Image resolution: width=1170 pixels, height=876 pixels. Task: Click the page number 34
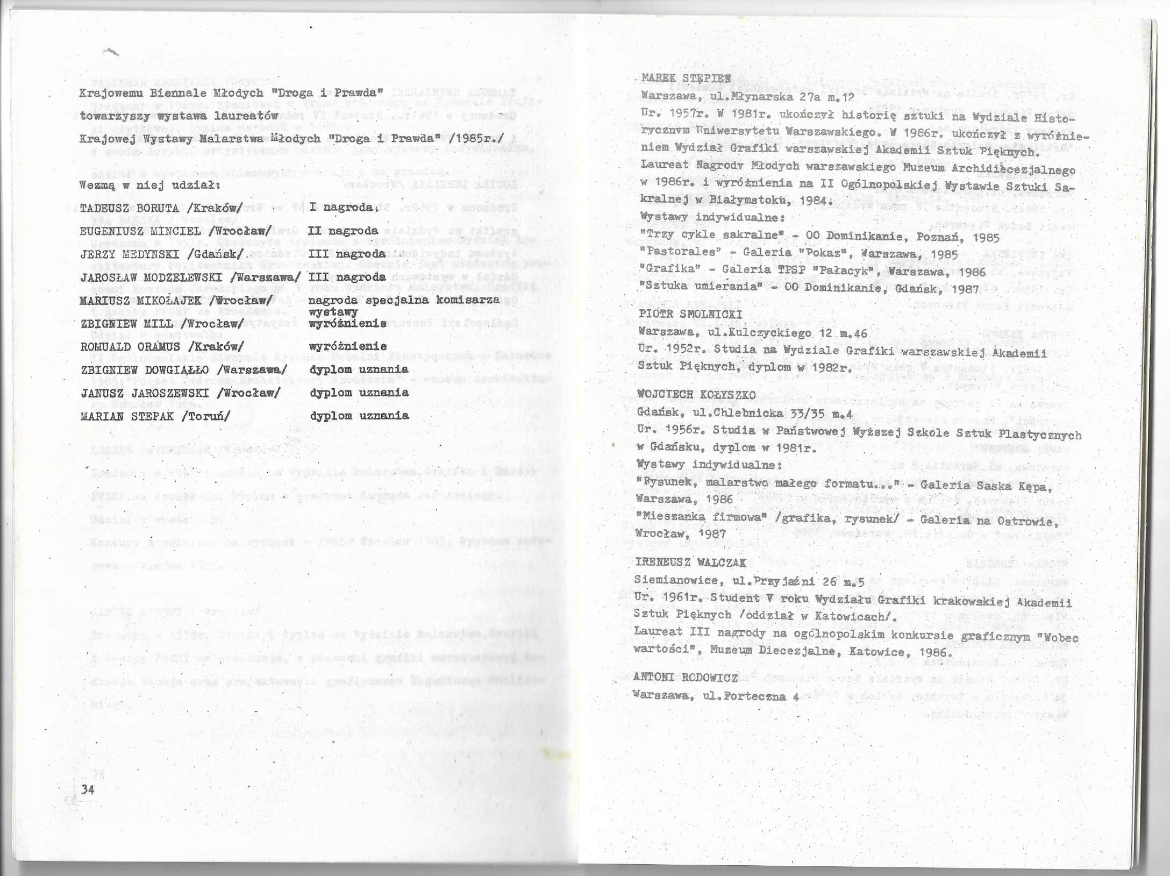pyautogui.click(x=88, y=789)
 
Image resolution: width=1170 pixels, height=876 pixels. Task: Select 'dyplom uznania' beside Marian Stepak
pyautogui.click(x=360, y=416)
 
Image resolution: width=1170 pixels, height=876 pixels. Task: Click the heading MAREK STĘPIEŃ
pyautogui.click(x=686, y=79)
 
